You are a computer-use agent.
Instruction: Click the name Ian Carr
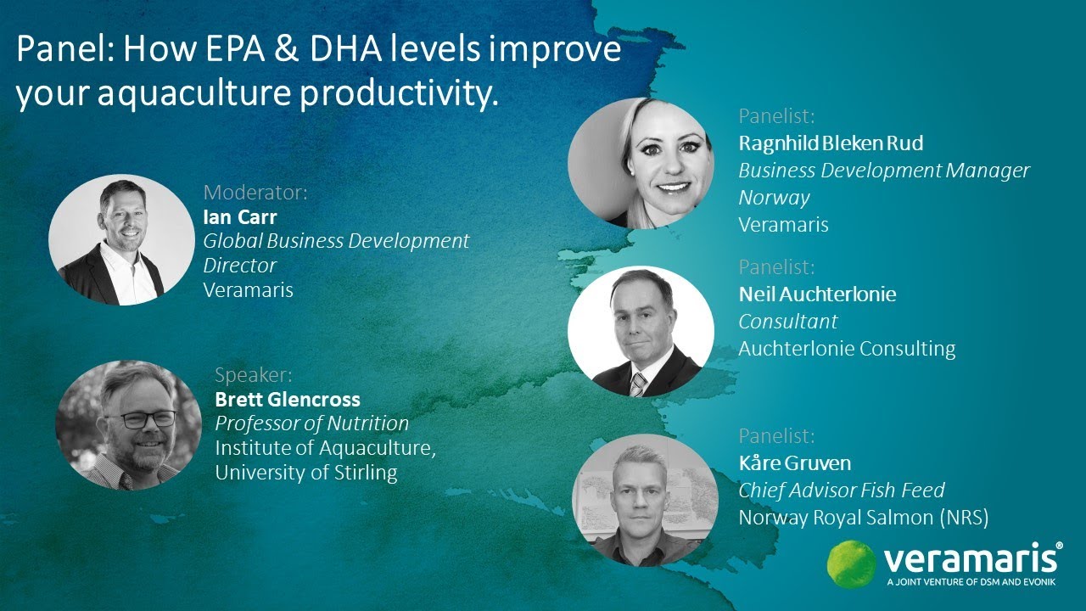pos(240,217)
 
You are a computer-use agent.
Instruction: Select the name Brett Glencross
pos(288,400)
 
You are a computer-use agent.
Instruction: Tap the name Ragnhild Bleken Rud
pos(831,143)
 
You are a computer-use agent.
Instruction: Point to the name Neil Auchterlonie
pos(817,294)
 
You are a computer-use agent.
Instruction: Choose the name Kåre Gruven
pos(794,463)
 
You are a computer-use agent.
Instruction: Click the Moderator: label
pos(255,193)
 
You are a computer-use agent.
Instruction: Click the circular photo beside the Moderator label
pos(121,240)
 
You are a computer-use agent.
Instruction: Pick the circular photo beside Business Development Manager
pos(641,162)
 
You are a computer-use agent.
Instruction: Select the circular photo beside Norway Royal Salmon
pos(641,500)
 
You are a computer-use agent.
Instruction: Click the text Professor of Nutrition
pos(311,423)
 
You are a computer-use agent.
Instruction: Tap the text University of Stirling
pos(305,473)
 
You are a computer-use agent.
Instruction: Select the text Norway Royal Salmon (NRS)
pos(864,518)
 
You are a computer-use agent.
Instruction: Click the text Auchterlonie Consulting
pos(847,349)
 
